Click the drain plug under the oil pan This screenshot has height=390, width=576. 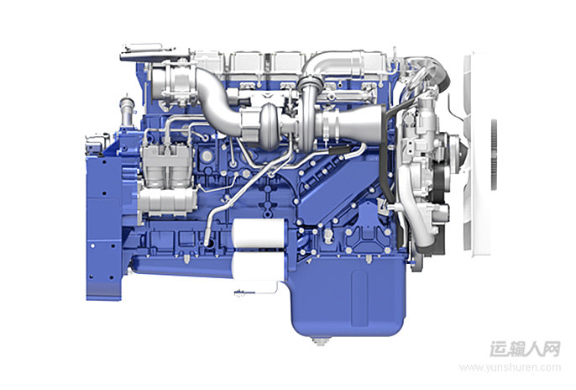pyautogui.click(x=319, y=340)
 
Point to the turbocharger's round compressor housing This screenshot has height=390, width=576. pyautogui.click(x=272, y=127)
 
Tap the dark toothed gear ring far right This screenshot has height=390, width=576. pyautogui.click(x=494, y=155)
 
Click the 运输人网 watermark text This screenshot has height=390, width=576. pyautogui.click(x=525, y=349)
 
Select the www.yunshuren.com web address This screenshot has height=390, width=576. pyautogui.click(x=511, y=367)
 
